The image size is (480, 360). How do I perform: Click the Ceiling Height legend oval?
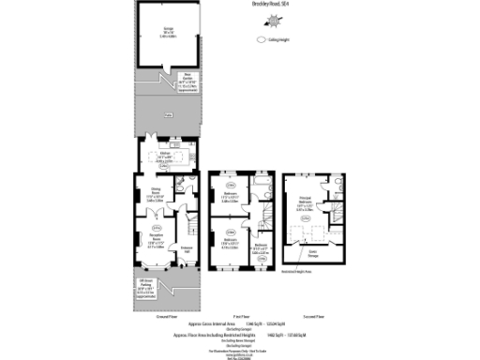(x=260, y=40)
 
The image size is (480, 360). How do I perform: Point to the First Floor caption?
(x=239, y=318)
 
